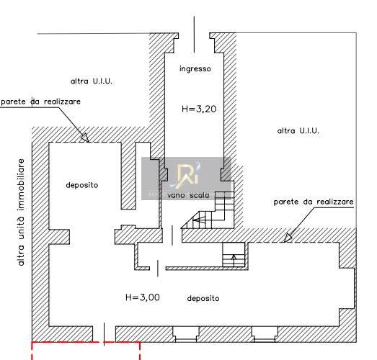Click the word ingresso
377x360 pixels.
[195, 69]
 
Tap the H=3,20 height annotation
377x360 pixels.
[199, 109]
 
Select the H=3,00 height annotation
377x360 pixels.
[143, 297]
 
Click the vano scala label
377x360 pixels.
[188, 195]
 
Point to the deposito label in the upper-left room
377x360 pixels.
[82, 185]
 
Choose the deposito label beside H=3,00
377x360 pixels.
[203, 299]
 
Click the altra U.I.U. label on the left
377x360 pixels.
[92, 81]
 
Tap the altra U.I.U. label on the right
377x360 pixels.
[298, 131]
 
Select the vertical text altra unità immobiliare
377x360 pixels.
[21, 212]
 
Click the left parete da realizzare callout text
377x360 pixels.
[41, 102]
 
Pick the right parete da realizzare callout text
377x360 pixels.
[314, 202]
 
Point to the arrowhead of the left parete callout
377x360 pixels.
[84, 138]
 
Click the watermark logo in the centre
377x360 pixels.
[186, 175]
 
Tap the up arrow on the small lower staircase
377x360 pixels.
[234, 261]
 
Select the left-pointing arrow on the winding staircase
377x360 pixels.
[200, 220]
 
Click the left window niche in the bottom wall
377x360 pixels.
[186, 334]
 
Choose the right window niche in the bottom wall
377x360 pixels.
[265, 334]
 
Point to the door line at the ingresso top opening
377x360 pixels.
[195, 35]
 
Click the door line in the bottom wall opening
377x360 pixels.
[104, 334]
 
